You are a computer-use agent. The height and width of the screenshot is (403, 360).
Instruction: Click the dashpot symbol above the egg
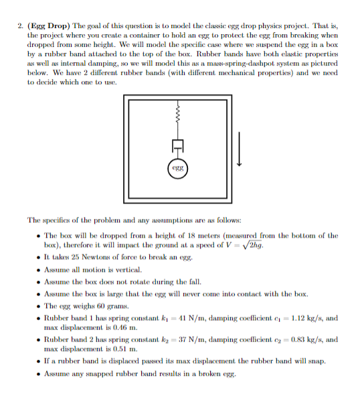tap(177, 143)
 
